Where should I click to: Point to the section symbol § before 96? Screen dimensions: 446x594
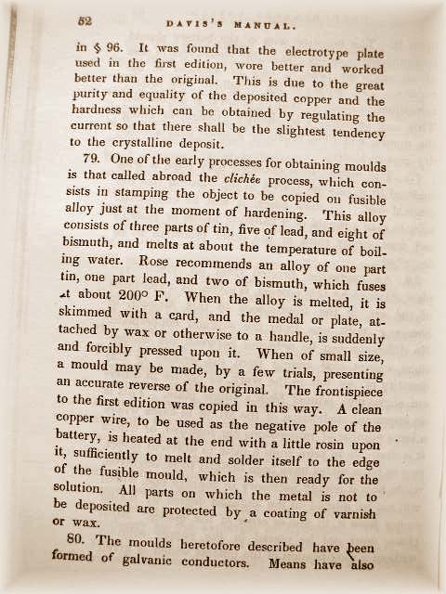[96, 44]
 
